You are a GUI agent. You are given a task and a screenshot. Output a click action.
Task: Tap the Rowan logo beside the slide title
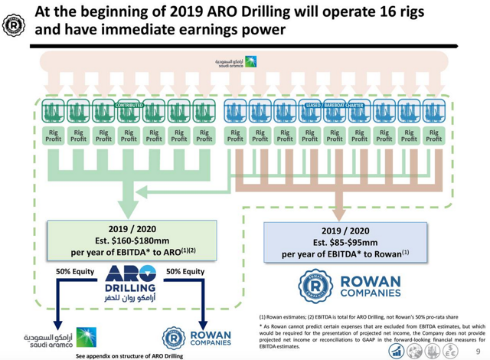click(x=14, y=24)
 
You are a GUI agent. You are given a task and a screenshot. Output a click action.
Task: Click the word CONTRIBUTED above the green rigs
click(x=129, y=105)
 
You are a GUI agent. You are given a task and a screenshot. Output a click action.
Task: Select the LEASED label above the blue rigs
click(x=312, y=105)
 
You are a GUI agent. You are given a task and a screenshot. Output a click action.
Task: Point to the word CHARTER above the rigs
click(x=353, y=105)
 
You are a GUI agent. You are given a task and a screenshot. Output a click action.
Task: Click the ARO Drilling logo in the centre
click(x=132, y=282)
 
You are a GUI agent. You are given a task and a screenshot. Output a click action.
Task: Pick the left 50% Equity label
click(x=76, y=271)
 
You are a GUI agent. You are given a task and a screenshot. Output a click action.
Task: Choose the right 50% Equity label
click(x=185, y=271)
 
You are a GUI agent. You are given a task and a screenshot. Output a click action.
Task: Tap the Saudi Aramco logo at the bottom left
click(x=54, y=337)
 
